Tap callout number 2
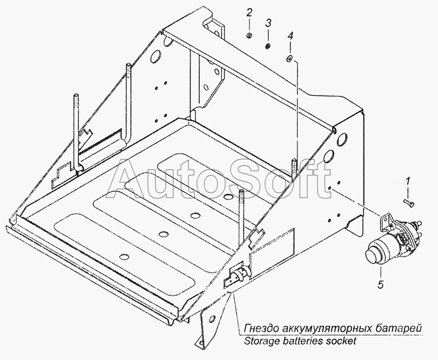[249, 13]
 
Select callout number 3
[268, 23]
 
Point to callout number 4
[291, 36]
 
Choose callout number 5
[381, 284]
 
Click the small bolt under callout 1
[409, 203]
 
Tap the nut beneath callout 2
[250, 36]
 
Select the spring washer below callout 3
[268, 47]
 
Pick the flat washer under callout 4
[289, 59]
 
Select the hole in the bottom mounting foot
[212, 318]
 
